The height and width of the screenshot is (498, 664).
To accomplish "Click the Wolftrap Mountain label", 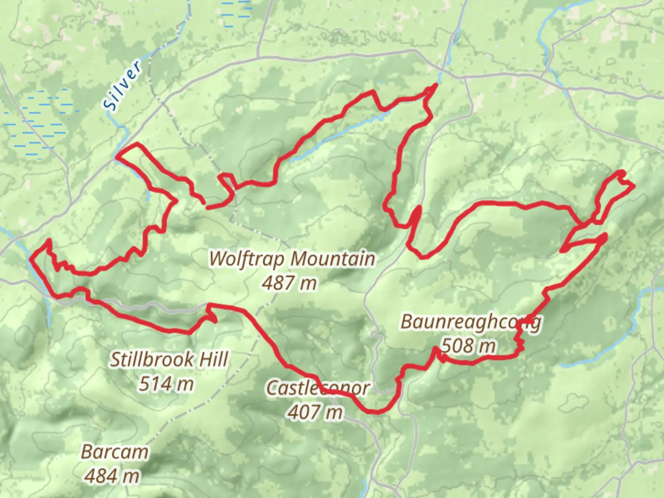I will point(292,259).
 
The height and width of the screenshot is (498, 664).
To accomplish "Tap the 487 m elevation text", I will point(289,283).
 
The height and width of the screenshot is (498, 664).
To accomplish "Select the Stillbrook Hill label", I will point(169,360).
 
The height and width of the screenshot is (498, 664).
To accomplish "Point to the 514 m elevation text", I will point(166,384).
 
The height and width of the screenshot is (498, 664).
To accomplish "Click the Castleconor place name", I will point(318,388).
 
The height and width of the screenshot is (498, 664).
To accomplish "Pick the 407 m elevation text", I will point(315,412).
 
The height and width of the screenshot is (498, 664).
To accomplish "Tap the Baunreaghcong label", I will point(471,322).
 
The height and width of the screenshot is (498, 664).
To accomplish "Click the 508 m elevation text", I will point(468,345).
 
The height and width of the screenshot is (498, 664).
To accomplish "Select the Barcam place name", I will point(115,452).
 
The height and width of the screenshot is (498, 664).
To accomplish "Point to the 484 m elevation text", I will point(112,475).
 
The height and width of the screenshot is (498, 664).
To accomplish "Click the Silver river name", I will point(123,86).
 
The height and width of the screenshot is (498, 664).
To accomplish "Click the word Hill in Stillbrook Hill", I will point(213,360).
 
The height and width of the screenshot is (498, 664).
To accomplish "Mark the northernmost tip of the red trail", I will point(435,85).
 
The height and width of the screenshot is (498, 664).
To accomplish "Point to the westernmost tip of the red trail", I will point(30,260).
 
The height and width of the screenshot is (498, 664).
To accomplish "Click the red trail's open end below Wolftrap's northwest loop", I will point(207,207).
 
